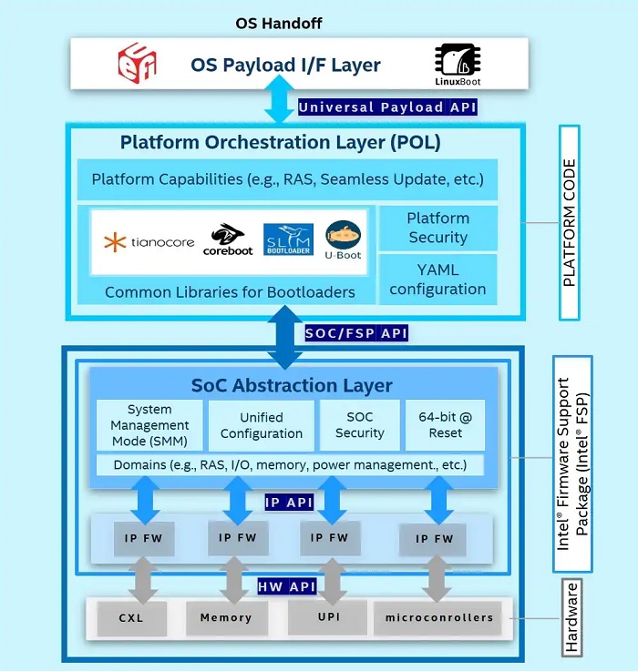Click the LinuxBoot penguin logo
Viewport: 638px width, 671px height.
458,64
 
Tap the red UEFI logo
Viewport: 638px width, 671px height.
138,64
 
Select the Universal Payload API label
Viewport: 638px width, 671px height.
387,107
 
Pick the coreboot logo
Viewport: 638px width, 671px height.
228,239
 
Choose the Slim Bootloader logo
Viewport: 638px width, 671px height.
287,240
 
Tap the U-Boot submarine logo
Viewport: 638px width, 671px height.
343,240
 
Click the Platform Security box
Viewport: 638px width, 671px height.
437,228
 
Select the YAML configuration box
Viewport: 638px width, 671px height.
437,280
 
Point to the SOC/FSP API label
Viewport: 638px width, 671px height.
356,333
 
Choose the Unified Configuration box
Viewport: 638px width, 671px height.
262,425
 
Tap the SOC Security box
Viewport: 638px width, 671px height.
359,425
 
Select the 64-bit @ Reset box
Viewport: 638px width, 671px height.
446,425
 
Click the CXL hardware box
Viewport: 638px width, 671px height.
130,618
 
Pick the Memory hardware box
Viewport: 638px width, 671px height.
226,618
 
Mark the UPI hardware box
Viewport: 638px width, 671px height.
327,617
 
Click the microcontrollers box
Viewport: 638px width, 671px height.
438,618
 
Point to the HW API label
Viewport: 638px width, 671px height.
287,586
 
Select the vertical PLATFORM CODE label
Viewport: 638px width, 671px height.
570,223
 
